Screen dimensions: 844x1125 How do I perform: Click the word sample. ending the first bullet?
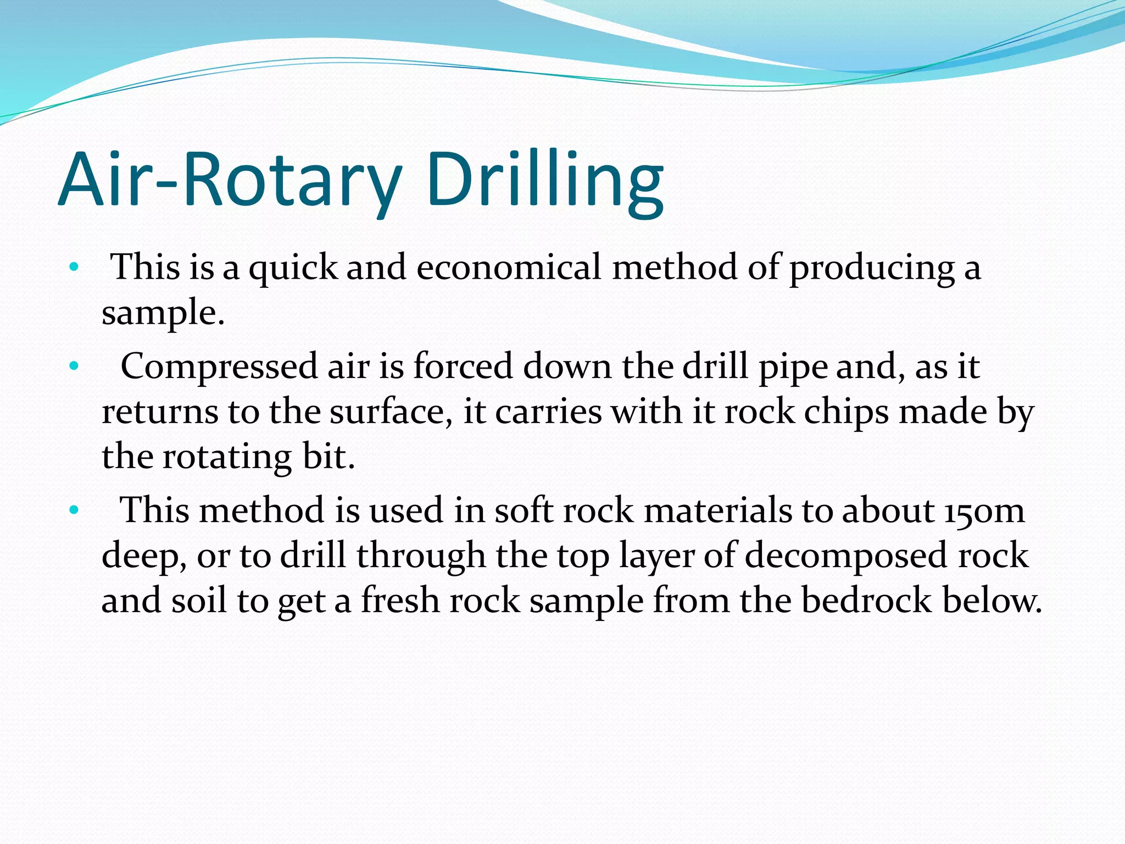163,313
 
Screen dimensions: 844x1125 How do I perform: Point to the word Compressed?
219,367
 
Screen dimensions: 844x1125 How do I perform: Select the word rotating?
227,457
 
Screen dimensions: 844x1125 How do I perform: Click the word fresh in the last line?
400,600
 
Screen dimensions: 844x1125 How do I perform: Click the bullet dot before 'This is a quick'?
74,268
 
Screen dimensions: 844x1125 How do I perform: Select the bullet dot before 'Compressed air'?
74,366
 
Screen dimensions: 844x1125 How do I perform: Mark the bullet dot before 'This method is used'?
74,510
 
